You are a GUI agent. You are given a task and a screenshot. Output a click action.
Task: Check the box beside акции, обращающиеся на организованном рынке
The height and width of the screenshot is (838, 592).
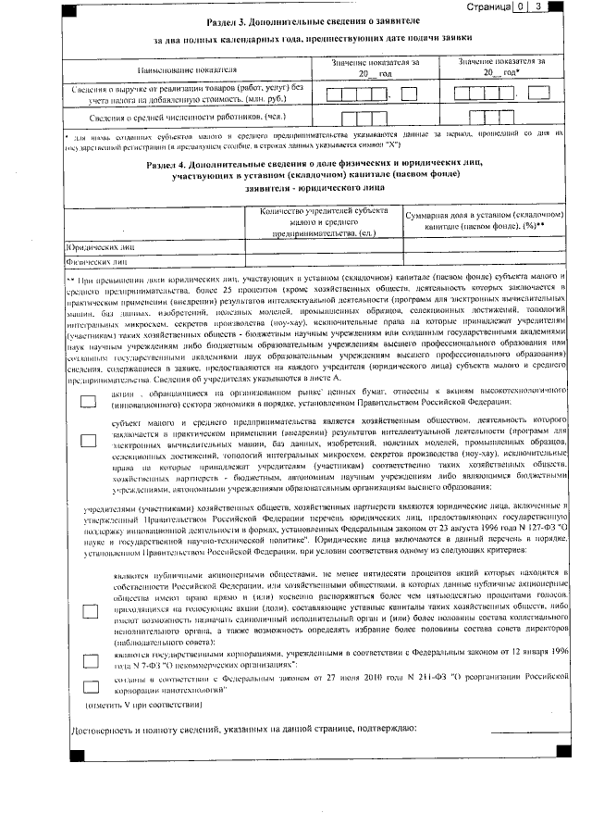89,401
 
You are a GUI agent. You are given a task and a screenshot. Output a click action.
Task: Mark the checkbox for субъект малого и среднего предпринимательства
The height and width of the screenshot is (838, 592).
89,440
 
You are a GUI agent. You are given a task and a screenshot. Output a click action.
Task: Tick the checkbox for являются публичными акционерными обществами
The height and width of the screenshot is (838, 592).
89,611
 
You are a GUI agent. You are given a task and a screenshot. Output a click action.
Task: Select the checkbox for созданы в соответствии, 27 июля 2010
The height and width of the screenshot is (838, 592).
89,685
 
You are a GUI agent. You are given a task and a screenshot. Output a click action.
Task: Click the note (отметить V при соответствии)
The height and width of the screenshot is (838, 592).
142,705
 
